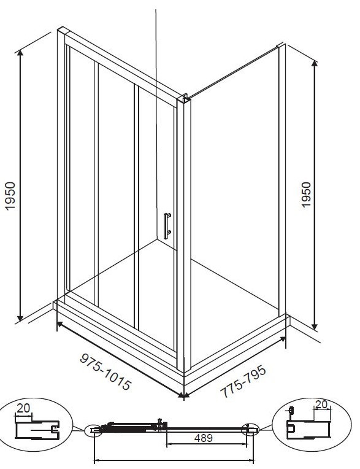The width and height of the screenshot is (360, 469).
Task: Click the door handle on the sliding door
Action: point(167,226)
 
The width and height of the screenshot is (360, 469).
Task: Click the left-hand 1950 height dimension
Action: point(10,196)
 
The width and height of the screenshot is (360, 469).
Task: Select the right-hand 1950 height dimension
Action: point(306,195)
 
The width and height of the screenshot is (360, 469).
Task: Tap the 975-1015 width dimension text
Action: point(105,372)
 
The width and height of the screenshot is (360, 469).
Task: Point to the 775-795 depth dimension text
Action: point(243,381)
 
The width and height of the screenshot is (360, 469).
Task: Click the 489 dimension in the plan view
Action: point(203,438)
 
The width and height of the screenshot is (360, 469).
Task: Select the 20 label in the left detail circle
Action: point(23,408)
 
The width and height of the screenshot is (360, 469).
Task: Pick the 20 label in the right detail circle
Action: point(321,405)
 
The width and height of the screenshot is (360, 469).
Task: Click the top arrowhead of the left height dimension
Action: point(20,53)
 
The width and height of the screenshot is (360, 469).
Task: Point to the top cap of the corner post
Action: point(183,98)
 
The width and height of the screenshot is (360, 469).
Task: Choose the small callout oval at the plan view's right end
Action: point(250,430)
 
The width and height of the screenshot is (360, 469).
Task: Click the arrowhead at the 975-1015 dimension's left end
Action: point(59,324)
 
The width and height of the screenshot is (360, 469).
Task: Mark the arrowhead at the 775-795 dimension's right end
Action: point(283,339)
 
